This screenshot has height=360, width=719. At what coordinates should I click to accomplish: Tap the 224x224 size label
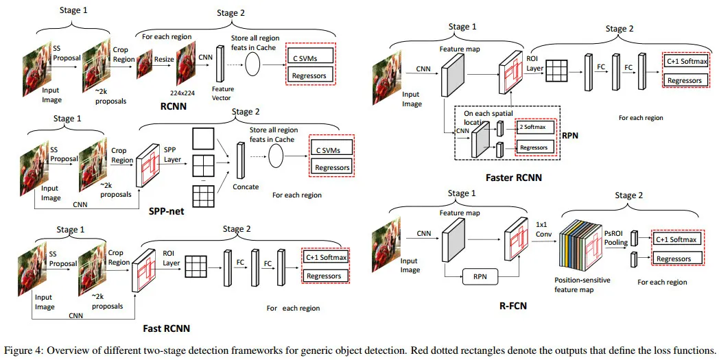(x=185, y=92)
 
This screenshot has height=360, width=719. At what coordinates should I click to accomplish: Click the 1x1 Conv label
(x=542, y=228)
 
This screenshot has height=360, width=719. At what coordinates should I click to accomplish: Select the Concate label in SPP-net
(x=245, y=187)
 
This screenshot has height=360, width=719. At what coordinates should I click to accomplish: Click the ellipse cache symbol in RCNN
(x=253, y=64)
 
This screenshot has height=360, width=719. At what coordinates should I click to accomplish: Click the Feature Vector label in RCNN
(x=223, y=93)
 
